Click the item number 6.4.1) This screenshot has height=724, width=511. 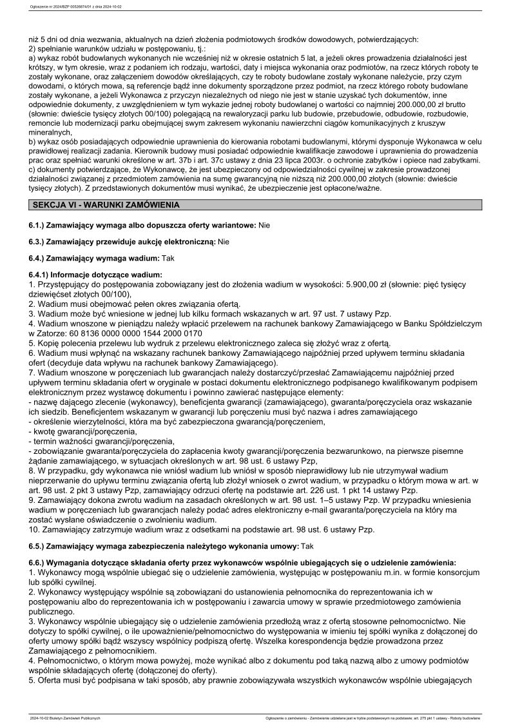(x=41, y=274)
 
